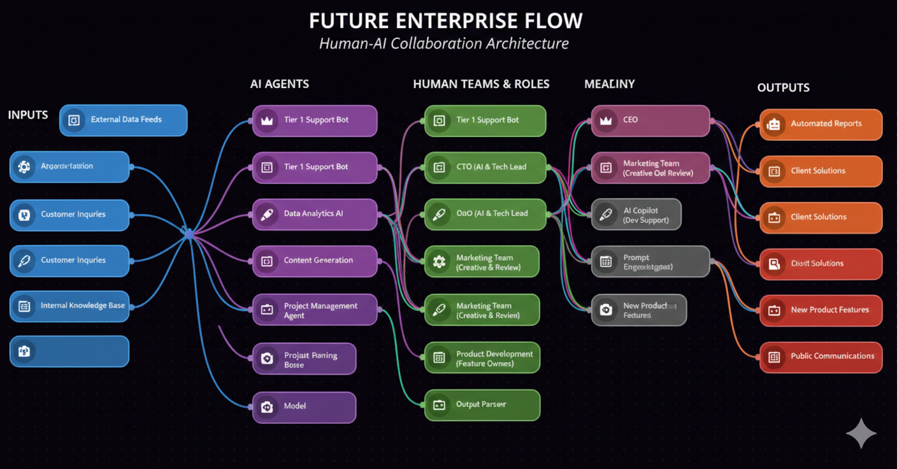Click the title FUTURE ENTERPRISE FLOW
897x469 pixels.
click(x=445, y=20)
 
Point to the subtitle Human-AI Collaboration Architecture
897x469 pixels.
click(x=443, y=43)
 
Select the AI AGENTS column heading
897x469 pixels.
click(x=280, y=83)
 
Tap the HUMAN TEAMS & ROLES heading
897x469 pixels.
click(x=481, y=83)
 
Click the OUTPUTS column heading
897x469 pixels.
click(x=783, y=87)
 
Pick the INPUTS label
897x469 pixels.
click(x=28, y=115)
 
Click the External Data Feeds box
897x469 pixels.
click(x=123, y=120)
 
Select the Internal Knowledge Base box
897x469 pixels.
click(x=69, y=306)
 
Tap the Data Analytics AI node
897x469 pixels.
click(x=315, y=214)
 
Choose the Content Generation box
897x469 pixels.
click(x=315, y=261)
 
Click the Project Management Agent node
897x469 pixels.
click(x=315, y=310)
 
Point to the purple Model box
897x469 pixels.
click(x=304, y=407)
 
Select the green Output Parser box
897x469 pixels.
click(x=482, y=405)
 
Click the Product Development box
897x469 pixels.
click(x=482, y=358)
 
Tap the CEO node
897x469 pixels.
click(x=650, y=120)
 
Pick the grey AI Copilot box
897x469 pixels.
click(x=636, y=215)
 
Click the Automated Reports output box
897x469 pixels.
click(x=821, y=124)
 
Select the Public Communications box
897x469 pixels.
click(x=821, y=356)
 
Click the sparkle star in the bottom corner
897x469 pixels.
click(x=861, y=433)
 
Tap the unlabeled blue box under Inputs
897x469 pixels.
click(x=69, y=351)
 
